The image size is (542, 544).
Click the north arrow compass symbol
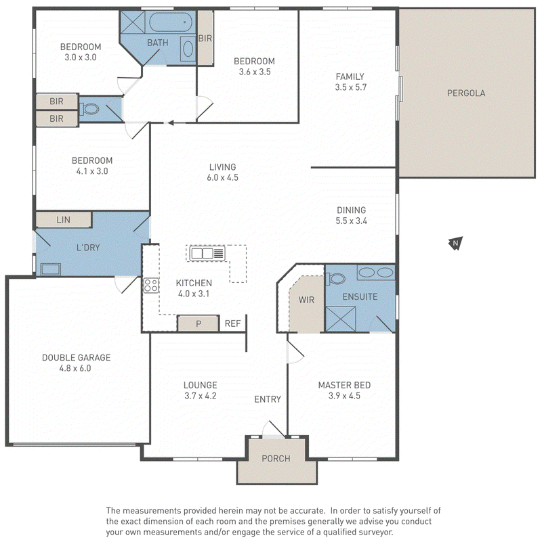[455, 243]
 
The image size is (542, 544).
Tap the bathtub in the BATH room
[171, 22]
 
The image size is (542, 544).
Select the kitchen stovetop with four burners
[151, 285]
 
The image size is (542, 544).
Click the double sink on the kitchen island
[207, 254]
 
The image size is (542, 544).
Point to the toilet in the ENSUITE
[335, 279]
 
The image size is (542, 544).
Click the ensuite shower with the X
[341, 319]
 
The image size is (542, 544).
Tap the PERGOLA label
[466, 93]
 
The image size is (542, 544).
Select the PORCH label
[276, 459]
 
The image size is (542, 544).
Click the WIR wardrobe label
[306, 300]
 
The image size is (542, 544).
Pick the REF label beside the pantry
[232, 323]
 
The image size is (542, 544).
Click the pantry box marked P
[199, 323]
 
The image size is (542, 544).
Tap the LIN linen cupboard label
[63, 220]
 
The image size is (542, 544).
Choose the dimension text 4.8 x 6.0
[75, 368]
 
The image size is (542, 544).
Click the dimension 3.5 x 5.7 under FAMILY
[350, 87]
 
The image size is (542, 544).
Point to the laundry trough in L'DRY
[51, 269]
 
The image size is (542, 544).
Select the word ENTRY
[268, 399]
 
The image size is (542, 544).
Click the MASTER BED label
[344, 385]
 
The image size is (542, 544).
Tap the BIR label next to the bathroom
[205, 38]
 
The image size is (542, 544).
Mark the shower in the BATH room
[132, 22]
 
